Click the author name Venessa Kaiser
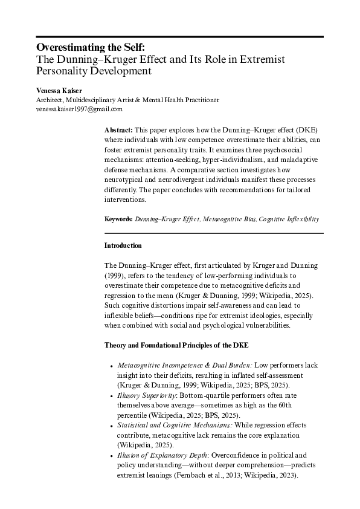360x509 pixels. (60, 90)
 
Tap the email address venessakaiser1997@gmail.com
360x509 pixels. (80, 109)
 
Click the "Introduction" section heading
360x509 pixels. (123, 245)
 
